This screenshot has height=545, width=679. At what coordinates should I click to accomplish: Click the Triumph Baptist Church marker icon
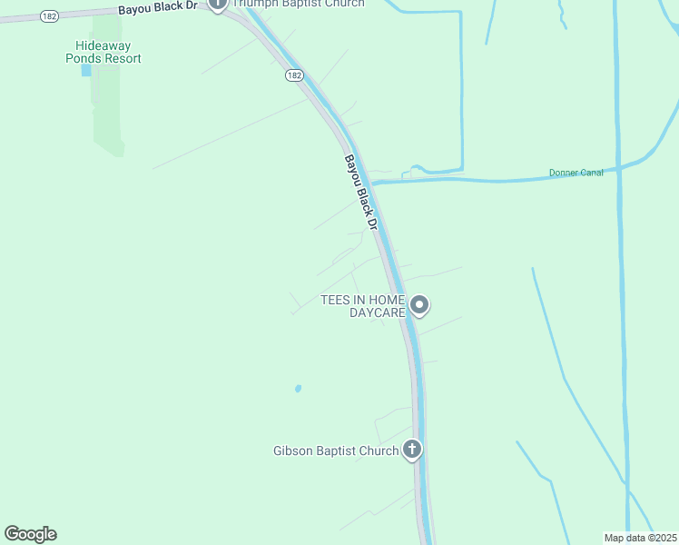pos(217,4)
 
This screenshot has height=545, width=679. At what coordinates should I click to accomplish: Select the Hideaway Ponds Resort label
pos(108,52)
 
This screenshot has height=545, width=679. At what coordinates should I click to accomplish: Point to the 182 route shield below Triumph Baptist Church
pos(293,75)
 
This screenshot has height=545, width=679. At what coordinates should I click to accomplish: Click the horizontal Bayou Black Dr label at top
pos(157,8)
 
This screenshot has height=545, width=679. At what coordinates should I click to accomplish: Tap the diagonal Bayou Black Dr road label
pos(359,190)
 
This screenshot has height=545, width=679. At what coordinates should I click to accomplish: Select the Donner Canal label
pos(576,173)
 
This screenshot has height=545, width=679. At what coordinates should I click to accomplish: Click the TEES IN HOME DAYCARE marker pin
pos(418,305)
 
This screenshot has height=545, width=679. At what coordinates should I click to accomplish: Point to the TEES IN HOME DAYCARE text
pos(362,306)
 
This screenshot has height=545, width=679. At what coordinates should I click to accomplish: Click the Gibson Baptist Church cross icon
pos(412,449)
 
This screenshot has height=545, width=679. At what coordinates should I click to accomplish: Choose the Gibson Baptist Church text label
pos(336,451)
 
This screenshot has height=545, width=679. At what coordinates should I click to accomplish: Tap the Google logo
pos(30,534)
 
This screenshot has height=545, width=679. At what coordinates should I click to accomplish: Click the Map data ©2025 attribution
pos(640,538)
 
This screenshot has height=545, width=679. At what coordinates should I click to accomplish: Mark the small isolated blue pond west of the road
pos(298,389)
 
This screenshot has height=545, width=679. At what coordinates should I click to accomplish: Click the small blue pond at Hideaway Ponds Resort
pos(86,70)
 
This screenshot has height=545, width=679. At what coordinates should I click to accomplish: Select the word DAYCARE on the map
pos(377,312)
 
